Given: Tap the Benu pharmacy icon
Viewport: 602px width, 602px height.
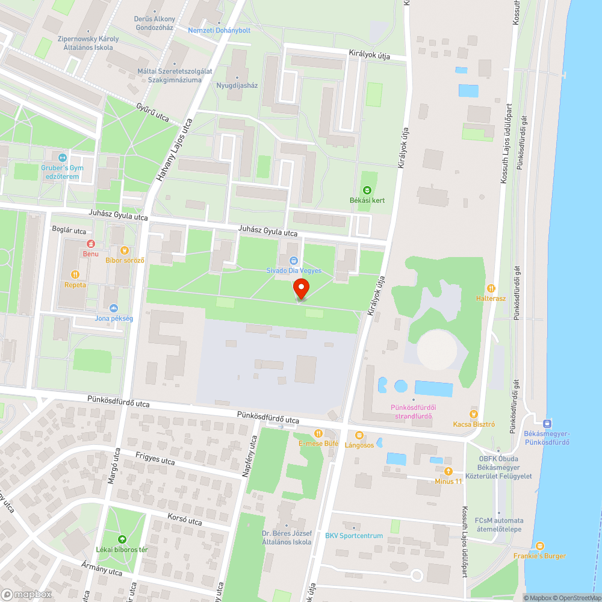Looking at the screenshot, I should [91, 244].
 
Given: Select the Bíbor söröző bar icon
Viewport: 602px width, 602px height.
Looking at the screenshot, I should [125, 250].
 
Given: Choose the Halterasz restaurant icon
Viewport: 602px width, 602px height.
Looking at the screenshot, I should [492, 288].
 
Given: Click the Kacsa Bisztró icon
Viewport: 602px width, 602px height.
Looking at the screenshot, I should [474, 414].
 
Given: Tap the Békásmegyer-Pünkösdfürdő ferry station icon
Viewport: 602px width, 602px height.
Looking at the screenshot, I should [547, 424].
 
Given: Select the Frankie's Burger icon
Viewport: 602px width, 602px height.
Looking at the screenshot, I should [539, 546].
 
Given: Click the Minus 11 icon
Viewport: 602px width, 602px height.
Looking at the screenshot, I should [448, 471].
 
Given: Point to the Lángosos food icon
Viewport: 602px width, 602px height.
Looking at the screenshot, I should [359, 435].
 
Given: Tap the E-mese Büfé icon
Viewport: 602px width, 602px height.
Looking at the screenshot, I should [318, 433].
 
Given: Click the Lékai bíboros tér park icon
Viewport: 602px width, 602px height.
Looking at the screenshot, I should [122, 539].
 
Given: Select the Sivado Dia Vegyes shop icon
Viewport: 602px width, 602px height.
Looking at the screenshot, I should [294, 261].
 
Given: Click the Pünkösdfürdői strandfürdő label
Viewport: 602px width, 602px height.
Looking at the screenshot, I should [413, 412].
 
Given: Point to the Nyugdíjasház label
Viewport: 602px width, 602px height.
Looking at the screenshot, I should [237, 85].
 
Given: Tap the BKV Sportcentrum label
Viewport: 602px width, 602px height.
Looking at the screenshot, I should [354, 536].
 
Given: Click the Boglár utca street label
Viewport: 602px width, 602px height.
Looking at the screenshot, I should [69, 231].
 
